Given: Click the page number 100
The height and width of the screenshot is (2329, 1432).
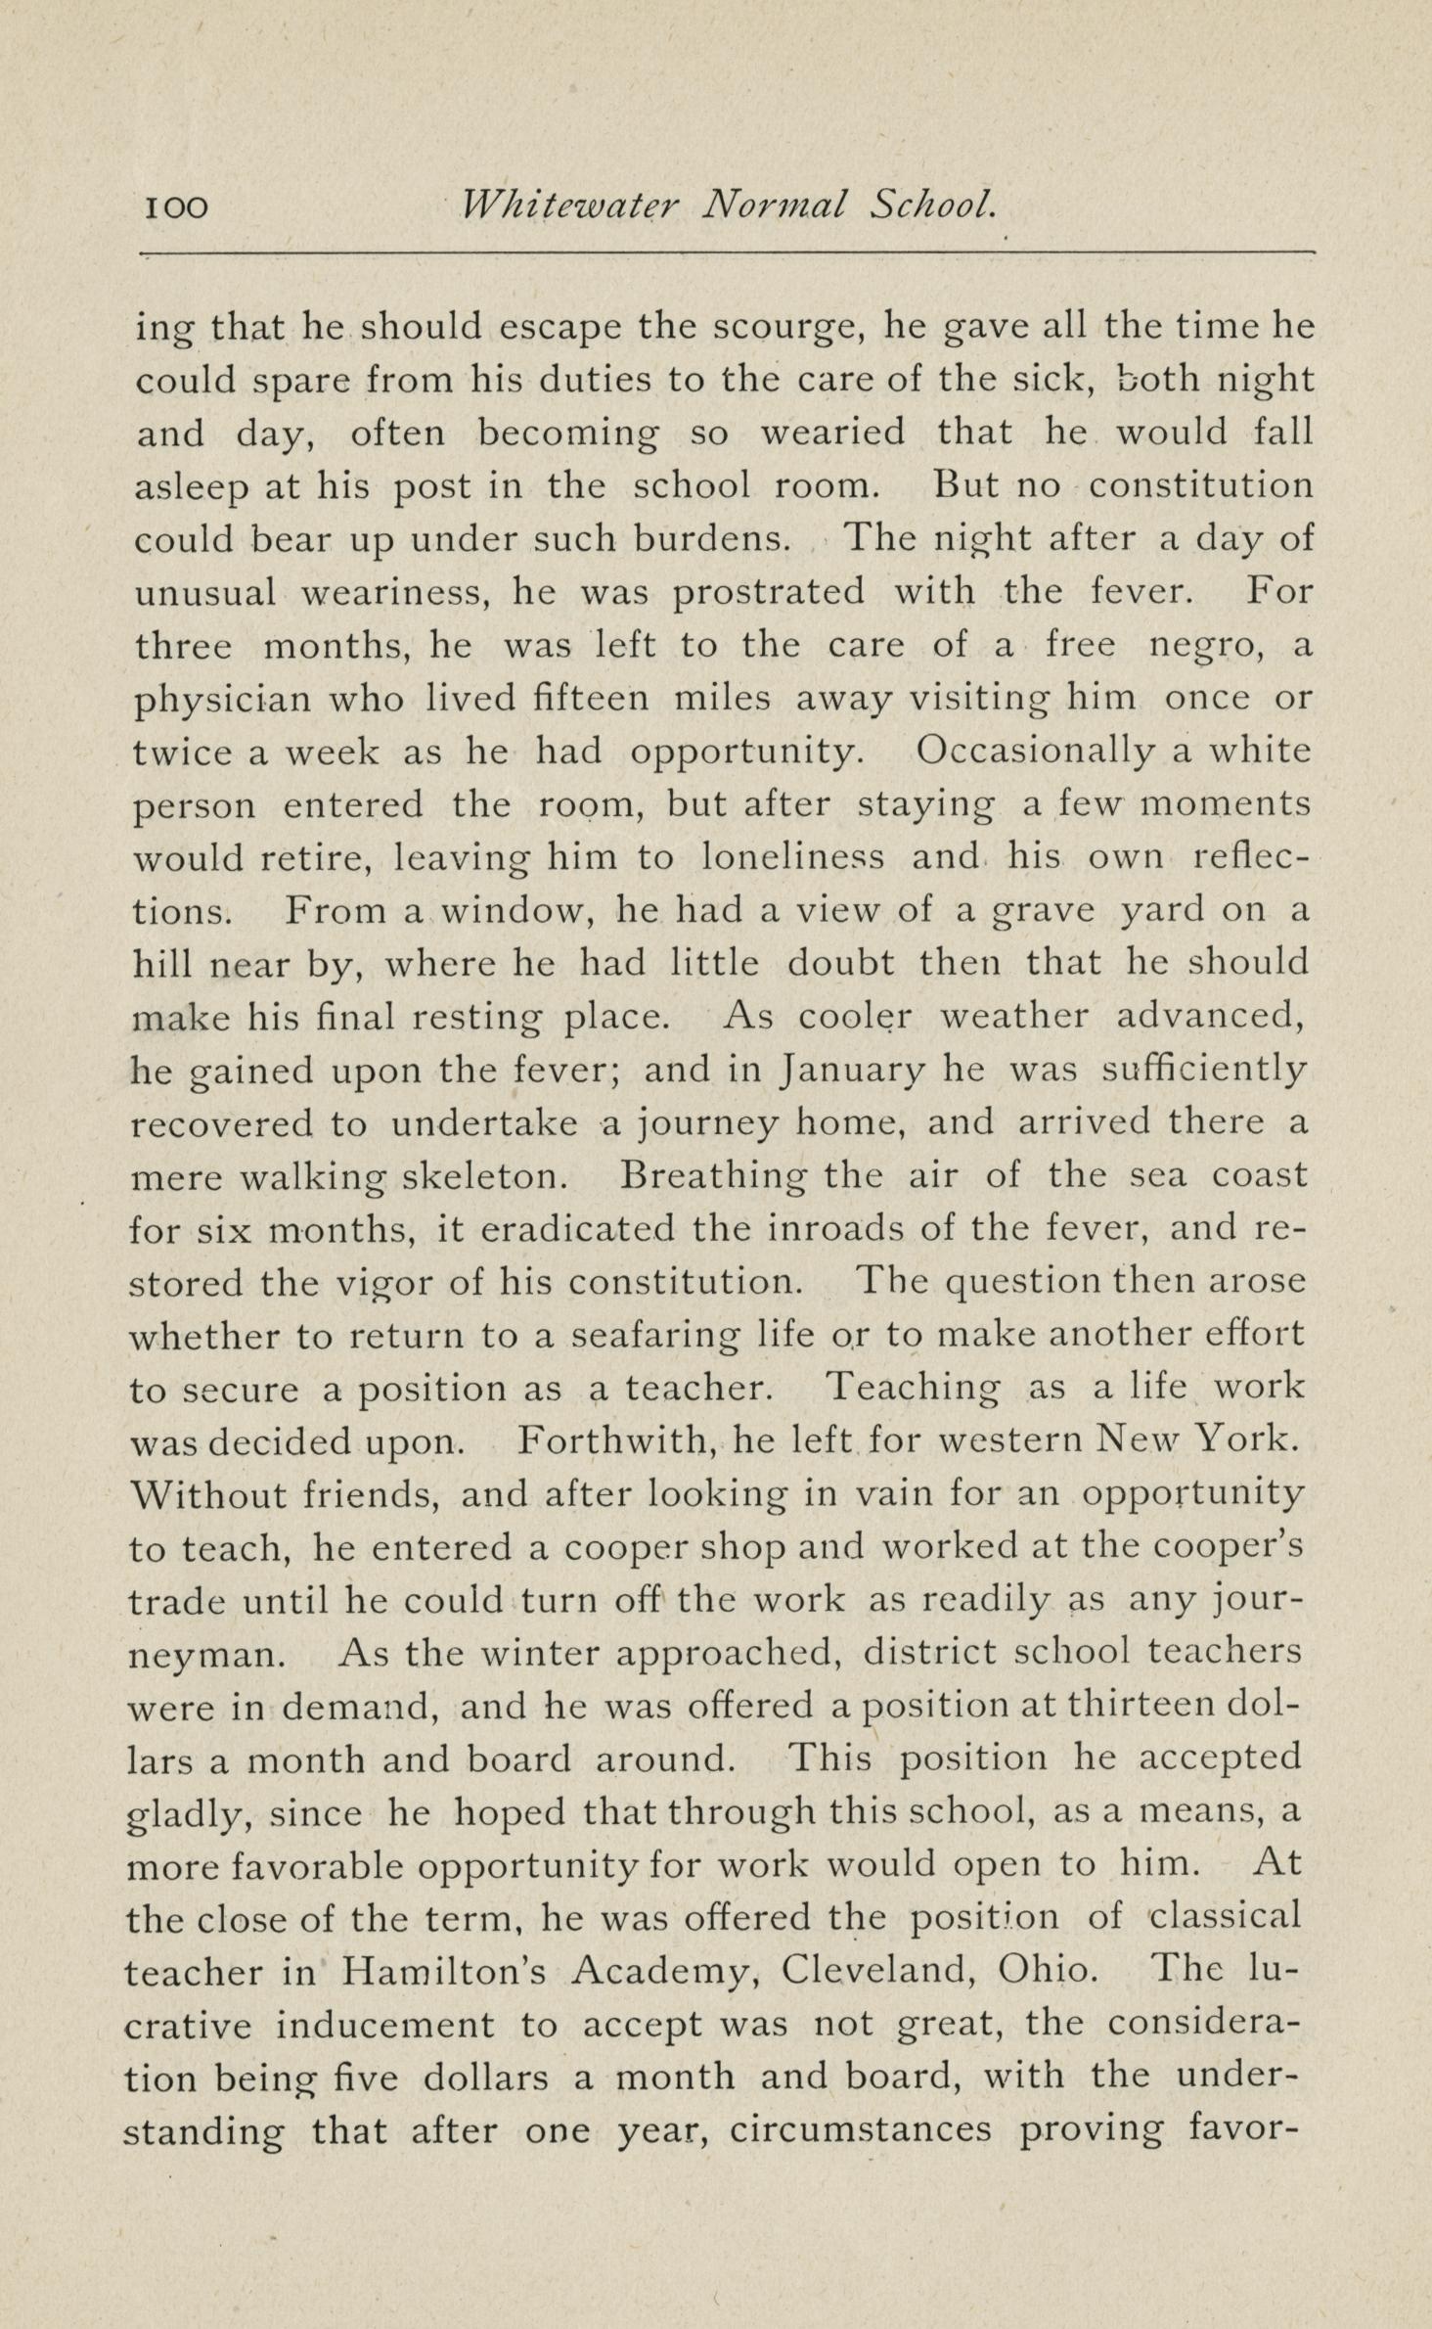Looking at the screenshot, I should point(177,206).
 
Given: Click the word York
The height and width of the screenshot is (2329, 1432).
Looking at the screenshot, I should point(1248,1440).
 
